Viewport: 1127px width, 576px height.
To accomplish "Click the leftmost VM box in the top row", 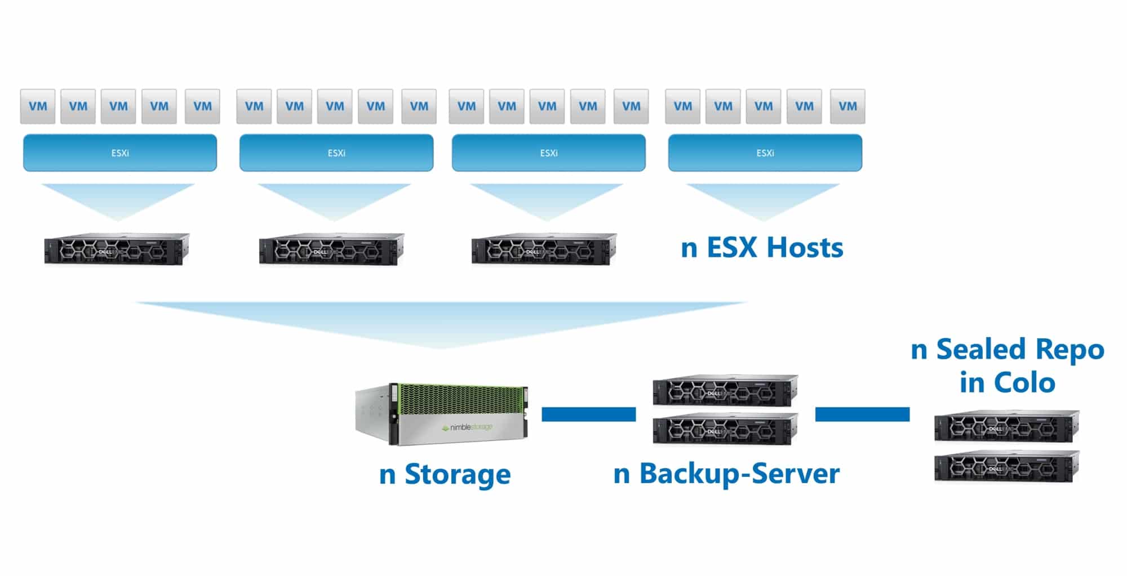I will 38,106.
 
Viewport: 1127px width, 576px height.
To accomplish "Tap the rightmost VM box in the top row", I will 848,106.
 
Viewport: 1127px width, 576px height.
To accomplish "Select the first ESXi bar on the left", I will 120,153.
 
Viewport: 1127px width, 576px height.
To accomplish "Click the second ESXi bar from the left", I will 336,153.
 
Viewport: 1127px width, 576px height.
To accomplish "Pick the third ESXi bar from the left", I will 549,153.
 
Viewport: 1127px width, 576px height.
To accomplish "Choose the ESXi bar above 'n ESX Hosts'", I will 765,153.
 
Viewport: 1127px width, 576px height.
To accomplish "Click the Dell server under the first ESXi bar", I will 117,249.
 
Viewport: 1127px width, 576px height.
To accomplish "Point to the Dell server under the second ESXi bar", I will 331,249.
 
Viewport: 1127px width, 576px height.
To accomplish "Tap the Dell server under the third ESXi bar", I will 544,249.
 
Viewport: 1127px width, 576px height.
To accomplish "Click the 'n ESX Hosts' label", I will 762,248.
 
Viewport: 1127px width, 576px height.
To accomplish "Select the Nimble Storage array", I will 442,414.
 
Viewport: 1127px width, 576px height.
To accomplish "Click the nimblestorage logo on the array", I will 467,427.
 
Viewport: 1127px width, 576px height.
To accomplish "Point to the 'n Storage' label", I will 445,474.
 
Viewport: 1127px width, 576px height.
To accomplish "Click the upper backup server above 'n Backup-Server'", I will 725,390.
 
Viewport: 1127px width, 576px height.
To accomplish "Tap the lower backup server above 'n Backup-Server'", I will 725,429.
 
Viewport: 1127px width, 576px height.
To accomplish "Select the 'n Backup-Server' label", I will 726,474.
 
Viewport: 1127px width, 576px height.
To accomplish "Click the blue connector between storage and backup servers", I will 589,414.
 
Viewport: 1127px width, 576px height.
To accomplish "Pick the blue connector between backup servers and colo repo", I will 862,414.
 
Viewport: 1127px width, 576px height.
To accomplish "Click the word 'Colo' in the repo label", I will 1024,383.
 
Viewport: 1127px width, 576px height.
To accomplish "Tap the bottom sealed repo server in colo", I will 1007,467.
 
